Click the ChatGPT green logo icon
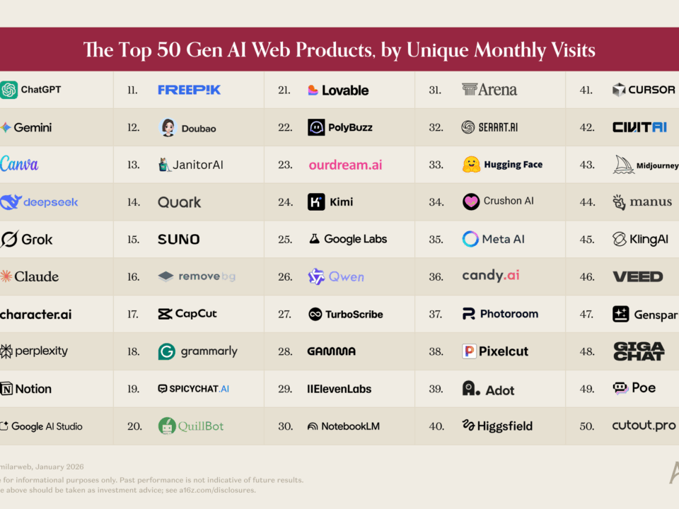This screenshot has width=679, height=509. [x=8, y=90]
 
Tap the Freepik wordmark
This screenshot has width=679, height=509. [x=189, y=90]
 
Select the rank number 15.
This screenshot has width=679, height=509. [x=133, y=240]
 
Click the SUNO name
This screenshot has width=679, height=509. [x=179, y=240]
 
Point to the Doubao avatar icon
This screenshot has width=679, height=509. [x=168, y=128]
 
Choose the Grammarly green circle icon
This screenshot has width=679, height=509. [x=166, y=351]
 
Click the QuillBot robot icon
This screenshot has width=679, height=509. [x=166, y=426]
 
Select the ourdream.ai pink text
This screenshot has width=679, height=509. [x=345, y=165]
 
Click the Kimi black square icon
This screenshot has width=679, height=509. [x=316, y=202]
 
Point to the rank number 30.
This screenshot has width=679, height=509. [x=286, y=426]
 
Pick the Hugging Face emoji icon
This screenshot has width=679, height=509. [x=471, y=165]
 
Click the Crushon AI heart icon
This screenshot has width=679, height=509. [x=471, y=201]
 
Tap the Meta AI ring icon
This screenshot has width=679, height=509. [x=470, y=239]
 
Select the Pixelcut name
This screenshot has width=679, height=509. [x=504, y=351]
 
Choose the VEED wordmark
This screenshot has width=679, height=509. [x=637, y=276]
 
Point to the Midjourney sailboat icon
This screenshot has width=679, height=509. [x=623, y=165]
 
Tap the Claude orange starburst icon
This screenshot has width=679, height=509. [x=6, y=276]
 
